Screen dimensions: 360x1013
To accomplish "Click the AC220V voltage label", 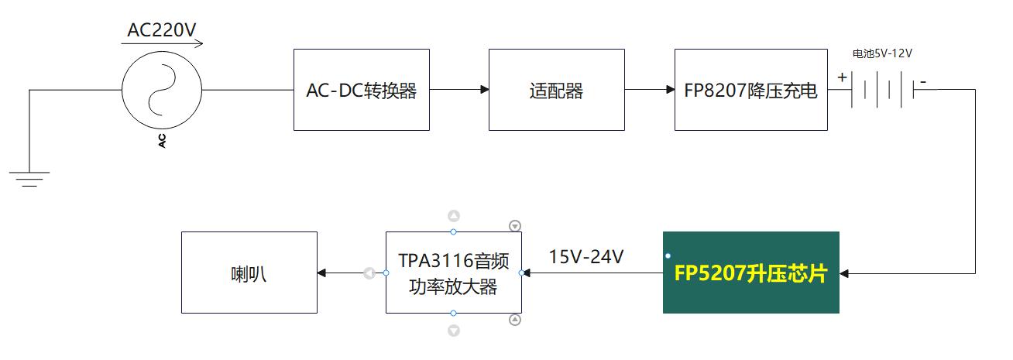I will [x=162, y=30].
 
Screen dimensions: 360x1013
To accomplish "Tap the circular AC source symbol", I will [x=163, y=90].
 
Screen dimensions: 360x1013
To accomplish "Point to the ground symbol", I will [x=29, y=179].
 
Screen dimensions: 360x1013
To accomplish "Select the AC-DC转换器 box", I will [x=361, y=90].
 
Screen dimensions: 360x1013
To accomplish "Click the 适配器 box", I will [x=556, y=90].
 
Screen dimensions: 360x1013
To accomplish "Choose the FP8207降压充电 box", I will [x=750, y=90].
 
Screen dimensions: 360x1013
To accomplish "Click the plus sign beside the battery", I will [x=841, y=77].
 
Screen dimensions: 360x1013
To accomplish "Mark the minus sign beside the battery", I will [x=923, y=80].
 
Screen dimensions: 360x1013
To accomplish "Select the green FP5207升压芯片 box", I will [x=750, y=273].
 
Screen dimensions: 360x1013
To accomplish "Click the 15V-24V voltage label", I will [x=586, y=256].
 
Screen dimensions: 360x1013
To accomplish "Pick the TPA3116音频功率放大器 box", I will [x=453, y=273].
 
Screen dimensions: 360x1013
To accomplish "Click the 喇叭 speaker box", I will [x=249, y=273].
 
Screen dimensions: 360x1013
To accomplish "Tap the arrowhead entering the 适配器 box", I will [x=484, y=90].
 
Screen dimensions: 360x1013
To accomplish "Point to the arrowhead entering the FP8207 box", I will [x=670, y=90].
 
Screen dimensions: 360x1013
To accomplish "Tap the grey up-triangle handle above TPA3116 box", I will [x=454, y=216].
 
